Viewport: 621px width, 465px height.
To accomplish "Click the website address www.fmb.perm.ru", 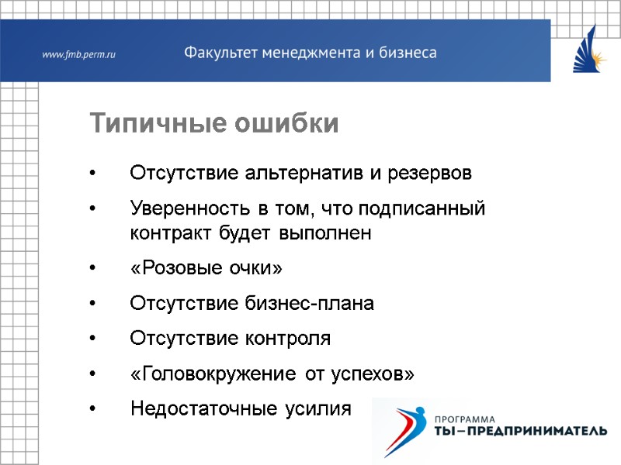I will (x=78, y=54).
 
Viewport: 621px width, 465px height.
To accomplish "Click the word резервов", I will (x=432, y=172).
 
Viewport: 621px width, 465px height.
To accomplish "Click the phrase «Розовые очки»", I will (x=206, y=269).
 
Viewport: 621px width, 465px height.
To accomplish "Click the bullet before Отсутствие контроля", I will (x=93, y=339).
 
